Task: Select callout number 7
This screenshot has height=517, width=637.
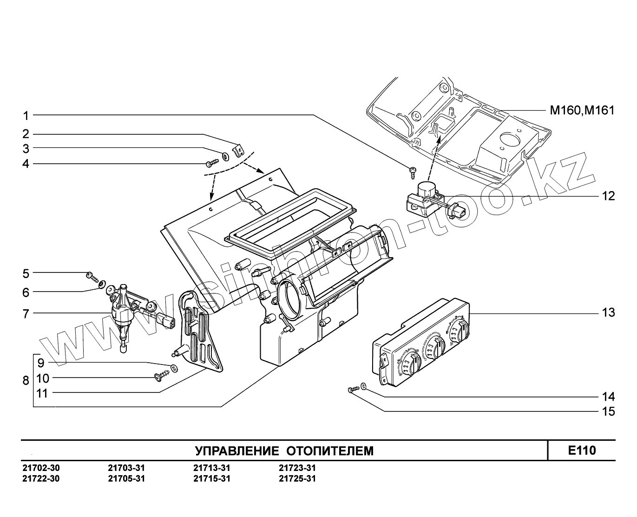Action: (26, 314)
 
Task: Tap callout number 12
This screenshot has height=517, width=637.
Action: (608, 196)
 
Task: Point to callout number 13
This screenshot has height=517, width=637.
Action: (608, 312)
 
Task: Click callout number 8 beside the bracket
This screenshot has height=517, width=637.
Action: (26, 380)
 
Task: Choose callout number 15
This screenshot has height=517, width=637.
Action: (608, 411)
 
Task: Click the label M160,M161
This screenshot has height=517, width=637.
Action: (582, 111)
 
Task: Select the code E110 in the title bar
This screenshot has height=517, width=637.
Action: (582, 451)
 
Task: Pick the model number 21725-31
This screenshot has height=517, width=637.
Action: (297, 478)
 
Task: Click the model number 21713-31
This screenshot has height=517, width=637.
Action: (211, 468)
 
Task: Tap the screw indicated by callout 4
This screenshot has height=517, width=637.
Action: (212, 163)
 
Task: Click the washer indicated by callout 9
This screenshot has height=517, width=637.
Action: (174, 368)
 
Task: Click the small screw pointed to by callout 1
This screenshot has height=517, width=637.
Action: (412, 172)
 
